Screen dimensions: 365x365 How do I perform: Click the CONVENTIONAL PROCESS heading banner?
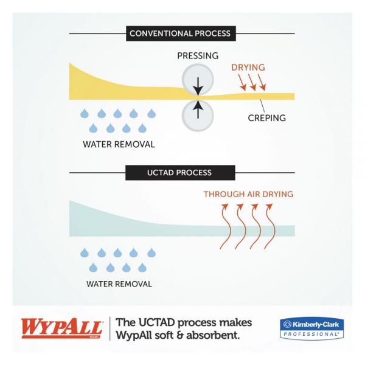coord(181,33)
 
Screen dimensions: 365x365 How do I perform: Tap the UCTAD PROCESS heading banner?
coord(180,173)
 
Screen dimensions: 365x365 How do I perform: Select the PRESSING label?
coord(198,56)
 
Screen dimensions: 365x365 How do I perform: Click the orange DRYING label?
coord(248,68)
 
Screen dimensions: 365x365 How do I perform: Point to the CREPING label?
coord(267,118)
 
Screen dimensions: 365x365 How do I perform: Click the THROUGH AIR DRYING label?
coord(248,194)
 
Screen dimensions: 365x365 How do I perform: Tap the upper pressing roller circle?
coord(198,79)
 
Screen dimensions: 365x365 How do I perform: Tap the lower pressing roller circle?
coord(198,116)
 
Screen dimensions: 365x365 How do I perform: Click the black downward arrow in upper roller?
coord(198,86)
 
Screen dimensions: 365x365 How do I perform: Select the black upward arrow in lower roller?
coord(198,109)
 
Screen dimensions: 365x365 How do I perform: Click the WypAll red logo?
coord(61,328)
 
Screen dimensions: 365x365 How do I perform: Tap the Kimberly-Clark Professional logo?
coord(311,328)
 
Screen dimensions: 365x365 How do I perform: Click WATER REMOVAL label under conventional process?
coord(119,144)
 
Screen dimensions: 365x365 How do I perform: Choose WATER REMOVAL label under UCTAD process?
coord(119,284)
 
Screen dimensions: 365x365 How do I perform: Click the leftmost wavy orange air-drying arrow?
coord(225,226)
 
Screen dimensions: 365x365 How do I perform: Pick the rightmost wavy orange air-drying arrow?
coord(269,226)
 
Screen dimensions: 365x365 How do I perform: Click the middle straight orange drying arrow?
coord(252,82)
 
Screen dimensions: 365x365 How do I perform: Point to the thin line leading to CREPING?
coord(263,106)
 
